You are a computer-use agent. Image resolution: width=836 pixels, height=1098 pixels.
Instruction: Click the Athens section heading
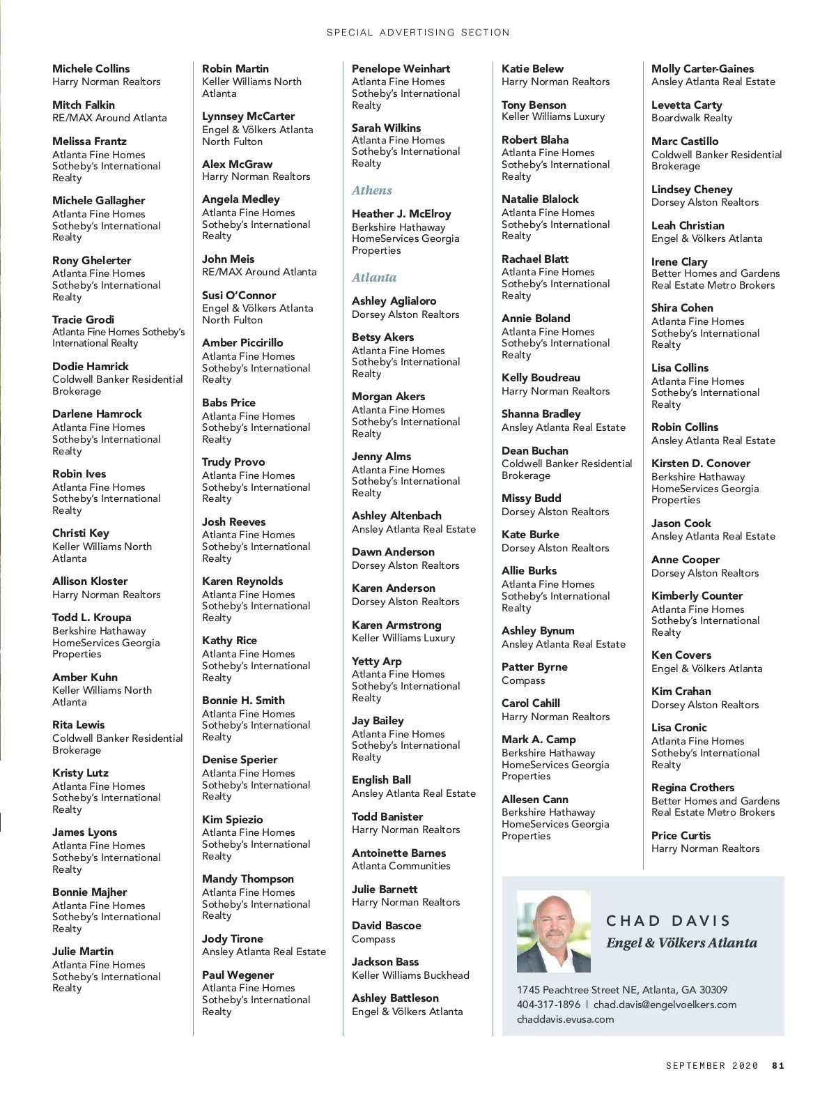click(372, 190)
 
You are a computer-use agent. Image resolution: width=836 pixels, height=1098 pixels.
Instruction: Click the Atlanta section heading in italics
click(374, 277)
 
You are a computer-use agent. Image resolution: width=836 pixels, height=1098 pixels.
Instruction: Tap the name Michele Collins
click(91, 68)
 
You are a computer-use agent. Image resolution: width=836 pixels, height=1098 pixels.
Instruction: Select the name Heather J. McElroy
click(401, 214)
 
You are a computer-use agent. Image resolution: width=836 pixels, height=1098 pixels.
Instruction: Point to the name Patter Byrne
click(534, 667)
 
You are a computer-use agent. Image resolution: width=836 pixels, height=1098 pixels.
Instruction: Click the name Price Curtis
click(681, 835)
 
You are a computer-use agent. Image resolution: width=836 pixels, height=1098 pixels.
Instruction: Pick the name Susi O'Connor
click(239, 296)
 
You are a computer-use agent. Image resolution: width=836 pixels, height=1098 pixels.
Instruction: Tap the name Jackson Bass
click(385, 962)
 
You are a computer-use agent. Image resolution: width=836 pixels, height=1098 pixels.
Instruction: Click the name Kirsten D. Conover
click(701, 464)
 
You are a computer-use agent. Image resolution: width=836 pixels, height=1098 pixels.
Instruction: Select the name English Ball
click(381, 780)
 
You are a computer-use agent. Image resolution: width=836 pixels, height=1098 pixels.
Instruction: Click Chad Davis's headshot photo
click(553, 931)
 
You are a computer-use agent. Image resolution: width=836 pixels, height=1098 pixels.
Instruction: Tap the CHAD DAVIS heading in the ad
click(668, 921)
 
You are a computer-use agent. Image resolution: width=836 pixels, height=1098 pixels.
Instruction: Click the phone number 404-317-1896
click(548, 1005)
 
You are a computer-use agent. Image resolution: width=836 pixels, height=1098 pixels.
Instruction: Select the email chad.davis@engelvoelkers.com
click(665, 1005)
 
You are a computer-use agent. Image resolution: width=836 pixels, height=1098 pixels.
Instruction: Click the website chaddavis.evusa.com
click(565, 1019)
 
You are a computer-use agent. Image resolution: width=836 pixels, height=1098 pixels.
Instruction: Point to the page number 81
click(778, 1065)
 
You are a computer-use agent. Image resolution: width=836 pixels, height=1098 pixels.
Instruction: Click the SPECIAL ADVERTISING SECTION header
click(418, 32)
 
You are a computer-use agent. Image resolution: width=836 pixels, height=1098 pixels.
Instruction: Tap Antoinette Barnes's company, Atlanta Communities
click(401, 866)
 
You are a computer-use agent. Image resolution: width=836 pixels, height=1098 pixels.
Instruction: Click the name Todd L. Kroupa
click(91, 618)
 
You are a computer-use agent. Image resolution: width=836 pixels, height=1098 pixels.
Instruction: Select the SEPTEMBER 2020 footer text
click(711, 1065)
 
